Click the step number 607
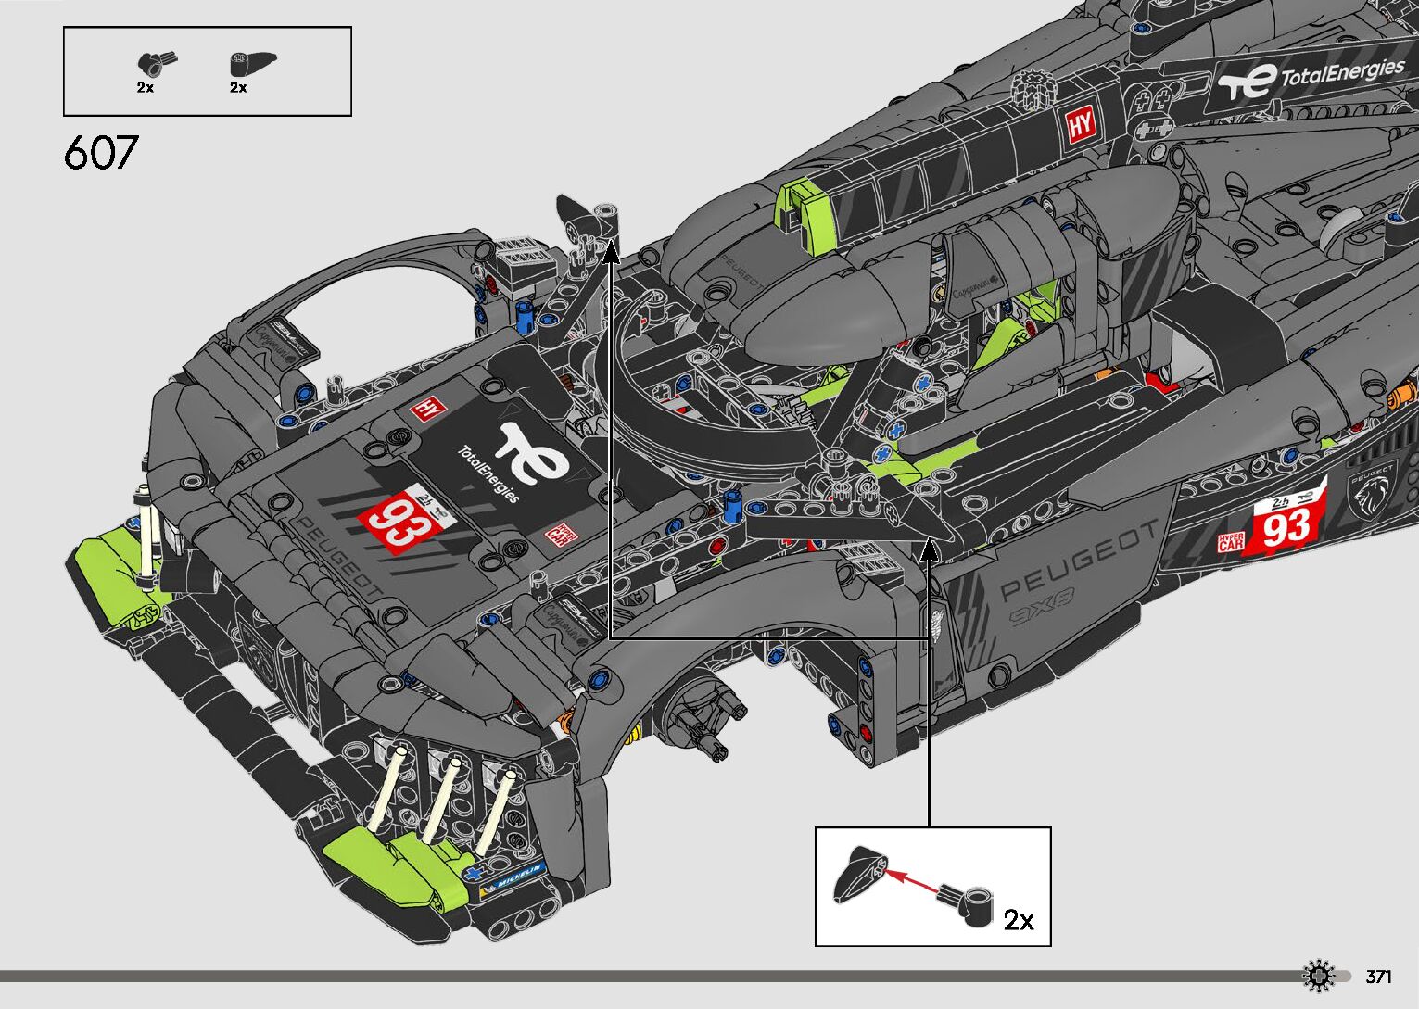click(101, 153)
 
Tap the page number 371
click(1378, 977)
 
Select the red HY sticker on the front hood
click(427, 408)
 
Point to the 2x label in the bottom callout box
click(1019, 919)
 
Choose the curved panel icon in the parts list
click(249, 64)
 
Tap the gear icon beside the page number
click(1318, 977)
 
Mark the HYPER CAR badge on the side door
click(1231, 541)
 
